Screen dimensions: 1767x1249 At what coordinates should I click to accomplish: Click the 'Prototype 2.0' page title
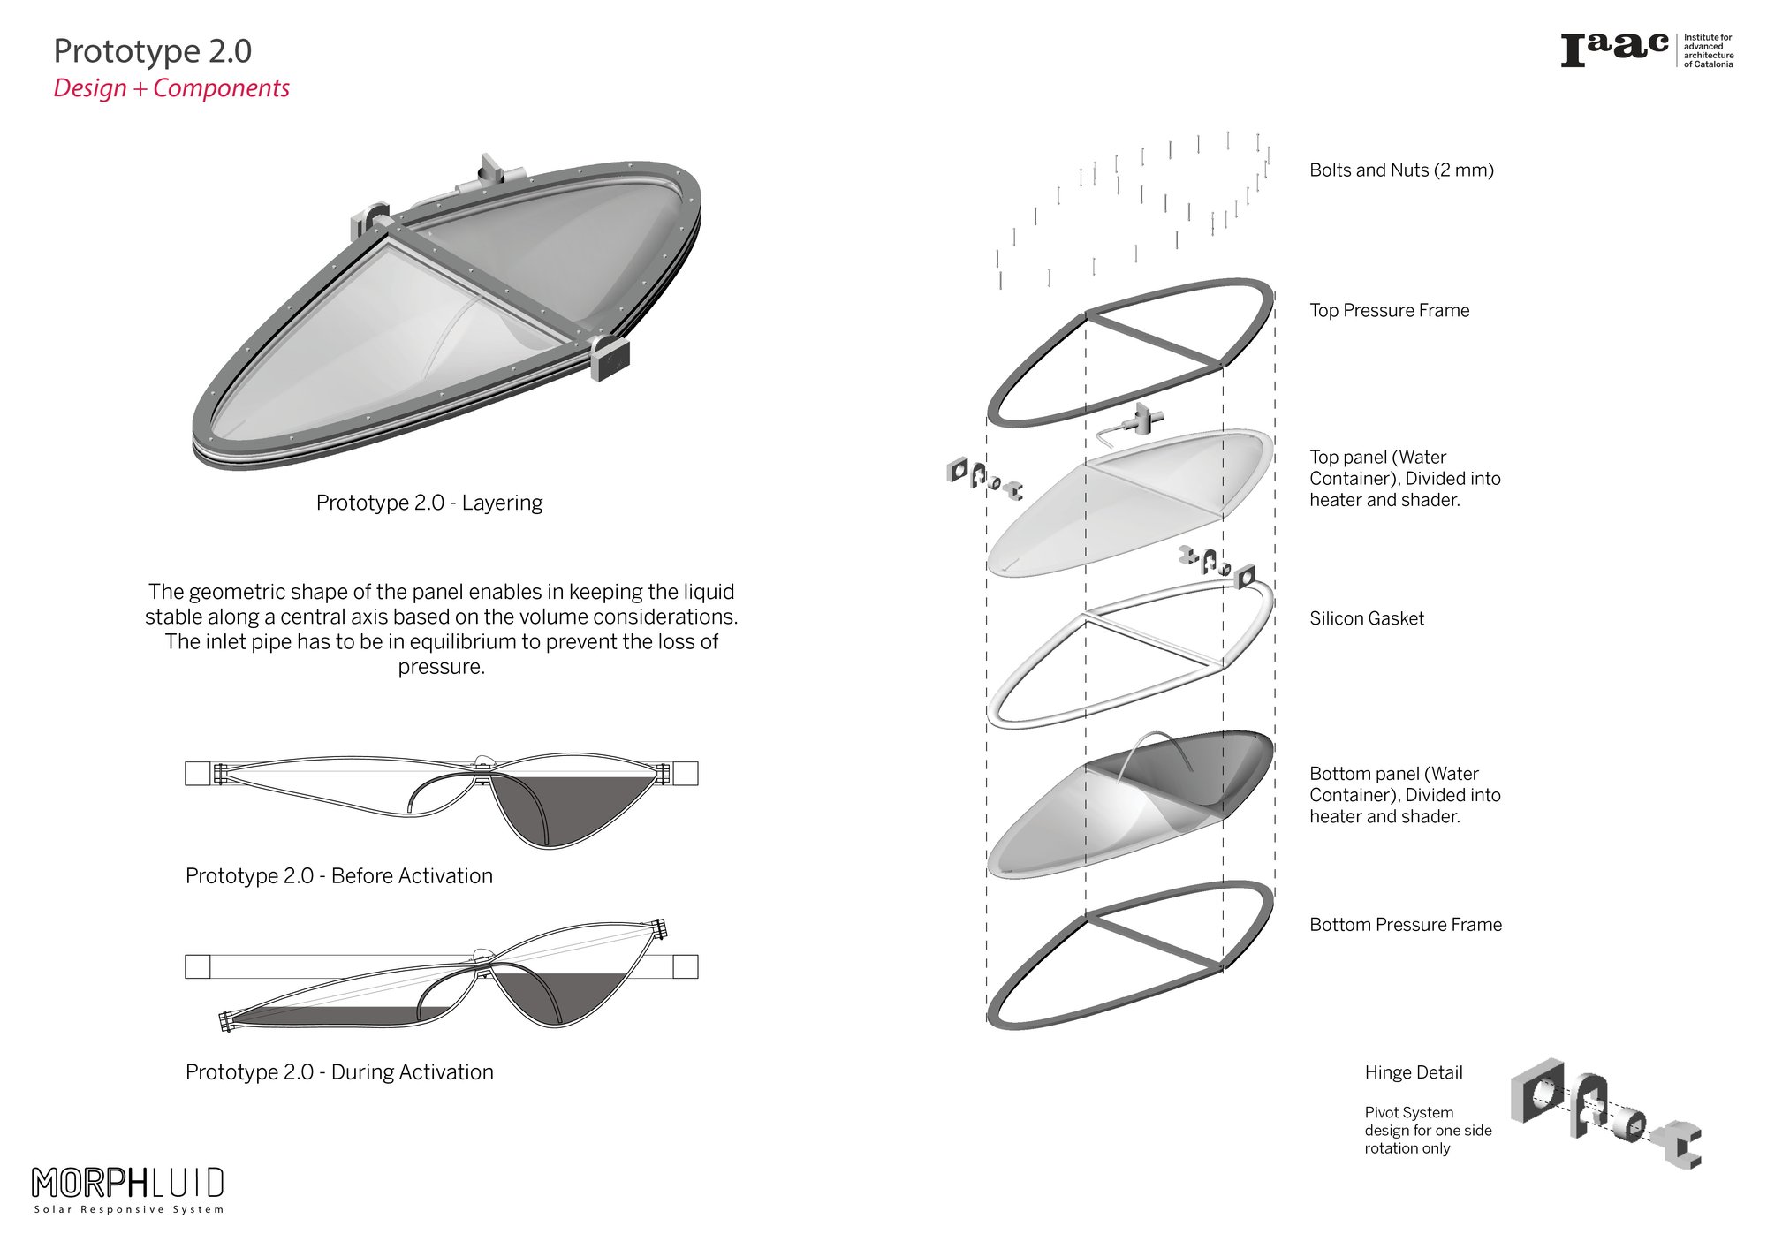pos(153,51)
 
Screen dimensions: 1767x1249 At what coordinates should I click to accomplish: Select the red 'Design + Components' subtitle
pos(171,88)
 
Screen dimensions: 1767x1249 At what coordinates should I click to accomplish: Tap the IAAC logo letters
pos(1614,49)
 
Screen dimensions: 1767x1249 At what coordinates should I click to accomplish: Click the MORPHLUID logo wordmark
pos(128,1182)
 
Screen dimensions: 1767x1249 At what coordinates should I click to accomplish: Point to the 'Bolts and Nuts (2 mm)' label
pos(1401,170)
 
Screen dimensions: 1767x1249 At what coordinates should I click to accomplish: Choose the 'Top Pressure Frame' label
pos(1389,310)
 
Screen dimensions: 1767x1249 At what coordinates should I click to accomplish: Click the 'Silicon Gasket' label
pos(1367,618)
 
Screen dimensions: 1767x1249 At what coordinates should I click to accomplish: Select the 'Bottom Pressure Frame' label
pos(1406,925)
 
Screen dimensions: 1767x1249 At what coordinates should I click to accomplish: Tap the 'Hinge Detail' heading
pos(1414,1072)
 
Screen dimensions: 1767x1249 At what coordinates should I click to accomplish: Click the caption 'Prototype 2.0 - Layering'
pos(429,503)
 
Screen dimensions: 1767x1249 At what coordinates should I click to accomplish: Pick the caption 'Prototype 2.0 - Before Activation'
pos(339,876)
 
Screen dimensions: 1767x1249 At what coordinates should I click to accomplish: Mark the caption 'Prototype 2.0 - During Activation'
pos(339,1072)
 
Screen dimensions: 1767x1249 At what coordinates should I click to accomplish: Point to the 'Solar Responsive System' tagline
pos(129,1209)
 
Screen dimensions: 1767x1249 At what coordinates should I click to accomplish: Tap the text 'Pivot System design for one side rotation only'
pos(1428,1131)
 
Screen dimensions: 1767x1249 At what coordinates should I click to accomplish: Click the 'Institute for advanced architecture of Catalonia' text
pos(1708,51)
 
